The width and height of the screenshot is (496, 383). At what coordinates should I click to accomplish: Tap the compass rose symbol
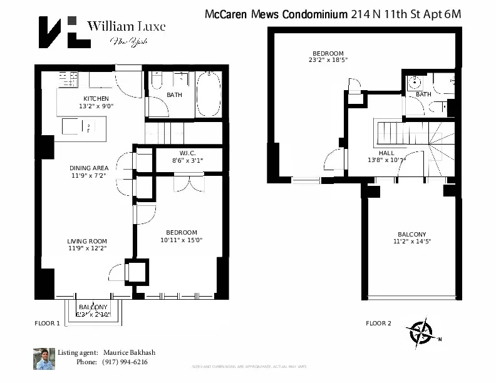[x=421, y=333]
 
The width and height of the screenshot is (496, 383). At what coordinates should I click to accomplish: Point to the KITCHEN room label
[x=96, y=99]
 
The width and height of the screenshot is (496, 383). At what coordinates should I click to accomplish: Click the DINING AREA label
[x=88, y=168]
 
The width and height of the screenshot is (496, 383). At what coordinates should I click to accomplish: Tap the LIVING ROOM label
[x=87, y=241]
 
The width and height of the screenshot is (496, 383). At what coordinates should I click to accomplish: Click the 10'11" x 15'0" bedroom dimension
[x=182, y=240]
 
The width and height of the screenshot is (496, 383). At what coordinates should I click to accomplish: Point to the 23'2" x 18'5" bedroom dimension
[x=328, y=60]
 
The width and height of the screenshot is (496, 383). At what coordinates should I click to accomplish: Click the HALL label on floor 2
[x=386, y=153]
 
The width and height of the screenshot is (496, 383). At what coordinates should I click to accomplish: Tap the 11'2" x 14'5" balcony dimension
[x=411, y=241]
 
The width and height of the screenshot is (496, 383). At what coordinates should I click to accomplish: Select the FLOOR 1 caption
[x=47, y=324]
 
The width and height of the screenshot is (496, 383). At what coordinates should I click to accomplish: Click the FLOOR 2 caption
[x=378, y=324]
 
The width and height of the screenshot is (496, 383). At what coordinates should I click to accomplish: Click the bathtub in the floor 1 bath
[x=209, y=94]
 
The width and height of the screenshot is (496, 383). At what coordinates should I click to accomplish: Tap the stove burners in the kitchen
[x=68, y=79]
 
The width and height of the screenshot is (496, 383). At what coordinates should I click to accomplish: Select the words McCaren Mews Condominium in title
[x=276, y=14]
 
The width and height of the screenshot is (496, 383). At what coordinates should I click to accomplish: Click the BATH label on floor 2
[x=423, y=94]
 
